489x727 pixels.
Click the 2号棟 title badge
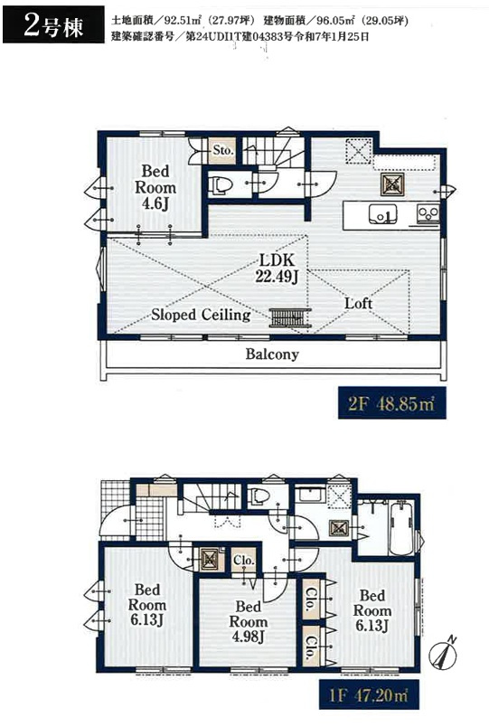[53, 25]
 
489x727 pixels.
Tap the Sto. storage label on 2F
[222, 150]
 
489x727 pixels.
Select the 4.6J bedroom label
[155, 187]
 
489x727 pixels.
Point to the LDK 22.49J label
[277, 268]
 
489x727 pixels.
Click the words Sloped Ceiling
[201, 315]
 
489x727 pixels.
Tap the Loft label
[358, 303]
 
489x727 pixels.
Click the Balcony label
[272, 354]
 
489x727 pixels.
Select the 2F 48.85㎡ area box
[392, 403]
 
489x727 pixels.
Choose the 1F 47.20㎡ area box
[369, 694]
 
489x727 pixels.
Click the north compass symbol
[443, 654]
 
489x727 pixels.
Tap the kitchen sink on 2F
[383, 214]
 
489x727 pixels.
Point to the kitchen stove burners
[428, 213]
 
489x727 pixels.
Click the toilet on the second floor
[221, 185]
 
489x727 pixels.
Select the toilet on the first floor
[259, 496]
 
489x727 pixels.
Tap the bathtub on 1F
[402, 529]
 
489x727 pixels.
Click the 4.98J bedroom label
[249, 621]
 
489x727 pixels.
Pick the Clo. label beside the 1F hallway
[244, 560]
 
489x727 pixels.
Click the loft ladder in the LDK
[290, 317]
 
